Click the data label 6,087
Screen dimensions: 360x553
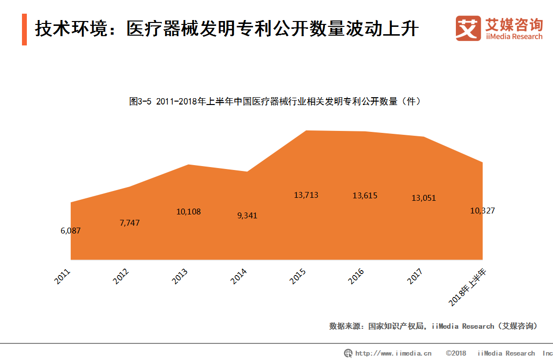(x=71, y=231)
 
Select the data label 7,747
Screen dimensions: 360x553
(x=129, y=222)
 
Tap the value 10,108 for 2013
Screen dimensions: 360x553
(x=188, y=212)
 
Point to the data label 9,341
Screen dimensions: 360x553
(x=247, y=215)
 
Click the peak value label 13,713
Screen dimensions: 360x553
(x=306, y=195)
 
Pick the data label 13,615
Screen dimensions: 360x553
(x=365, y=195)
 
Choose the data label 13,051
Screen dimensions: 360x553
(x=424, y=198)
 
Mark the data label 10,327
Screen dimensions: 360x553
(x=482, y=211)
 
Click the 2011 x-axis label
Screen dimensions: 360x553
(x=62, y=276)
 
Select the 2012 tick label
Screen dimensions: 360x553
(x=121, y=276)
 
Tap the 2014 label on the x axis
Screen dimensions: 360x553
(x=239, y=276)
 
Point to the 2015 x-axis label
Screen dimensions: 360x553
(x=298, y=276)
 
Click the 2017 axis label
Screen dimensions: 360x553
(x=415, y=276)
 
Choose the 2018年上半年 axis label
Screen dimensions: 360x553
(x=468, y=287)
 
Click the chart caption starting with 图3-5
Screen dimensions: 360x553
(x=275, y=102)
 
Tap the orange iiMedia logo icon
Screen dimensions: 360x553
(x=468, y=28)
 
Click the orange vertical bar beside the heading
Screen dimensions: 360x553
(x=24, y=29)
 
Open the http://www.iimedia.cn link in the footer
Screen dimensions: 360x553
(x=393, y=353)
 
